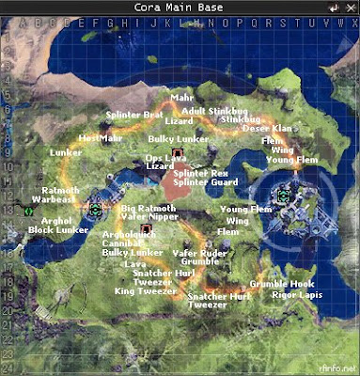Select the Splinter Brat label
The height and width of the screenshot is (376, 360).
coord(134,115)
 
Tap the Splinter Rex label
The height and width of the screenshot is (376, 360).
coord(199,173)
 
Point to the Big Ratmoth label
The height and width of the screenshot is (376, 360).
coord(149,207)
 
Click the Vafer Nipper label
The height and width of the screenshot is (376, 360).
coord(148,216)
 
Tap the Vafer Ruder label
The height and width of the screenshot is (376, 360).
coord(198,252)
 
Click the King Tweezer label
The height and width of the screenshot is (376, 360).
coord(145,291)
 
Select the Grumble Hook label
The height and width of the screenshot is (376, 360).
coord(282,283)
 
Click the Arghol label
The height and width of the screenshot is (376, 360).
coord(56,219)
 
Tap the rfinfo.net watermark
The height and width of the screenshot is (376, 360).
coord(337,368)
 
